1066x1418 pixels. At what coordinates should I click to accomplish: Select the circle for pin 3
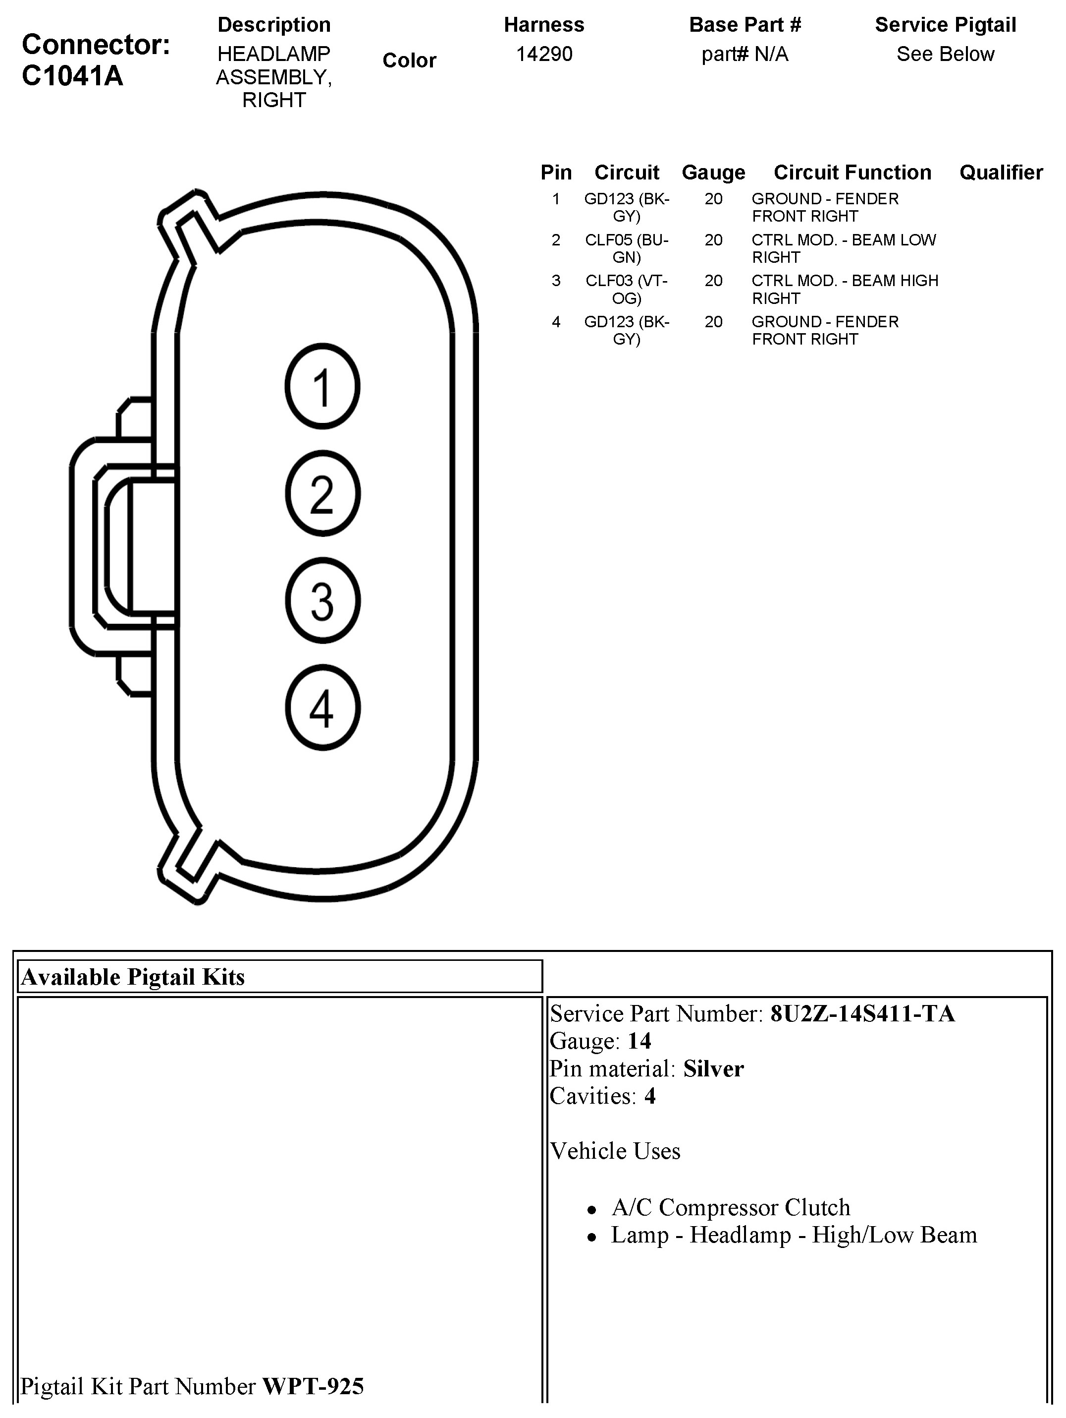pos(322,600)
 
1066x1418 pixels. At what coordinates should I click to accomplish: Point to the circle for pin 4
pos(322,708)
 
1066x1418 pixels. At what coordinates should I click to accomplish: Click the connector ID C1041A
pos(72,76)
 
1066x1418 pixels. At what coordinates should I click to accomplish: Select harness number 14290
pos(544,54)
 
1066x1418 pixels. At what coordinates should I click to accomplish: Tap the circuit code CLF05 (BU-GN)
pos(627,248)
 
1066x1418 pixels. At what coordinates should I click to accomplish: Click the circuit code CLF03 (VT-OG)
pos(627,289)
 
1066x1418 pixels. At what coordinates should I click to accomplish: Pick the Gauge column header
pos(713,173)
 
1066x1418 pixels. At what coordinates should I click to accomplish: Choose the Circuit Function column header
pos(852,173)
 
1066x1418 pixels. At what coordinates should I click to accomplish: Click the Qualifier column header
pos(1001,173)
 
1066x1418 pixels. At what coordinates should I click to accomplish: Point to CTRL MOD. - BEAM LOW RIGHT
pos(843,248)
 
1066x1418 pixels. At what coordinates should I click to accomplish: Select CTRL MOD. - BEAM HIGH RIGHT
pos(845,289)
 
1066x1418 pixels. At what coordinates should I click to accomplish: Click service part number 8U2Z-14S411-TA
pos(862,1013)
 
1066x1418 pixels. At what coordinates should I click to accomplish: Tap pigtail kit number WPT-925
pos(313,1386)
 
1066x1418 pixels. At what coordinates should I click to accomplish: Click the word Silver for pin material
pos(713,1068)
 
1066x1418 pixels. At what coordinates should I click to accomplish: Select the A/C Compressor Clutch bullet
pos(730,1207)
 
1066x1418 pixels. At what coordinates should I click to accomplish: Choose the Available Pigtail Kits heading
pos(133,977)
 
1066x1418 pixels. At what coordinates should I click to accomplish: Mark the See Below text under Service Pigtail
pos(945,54)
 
